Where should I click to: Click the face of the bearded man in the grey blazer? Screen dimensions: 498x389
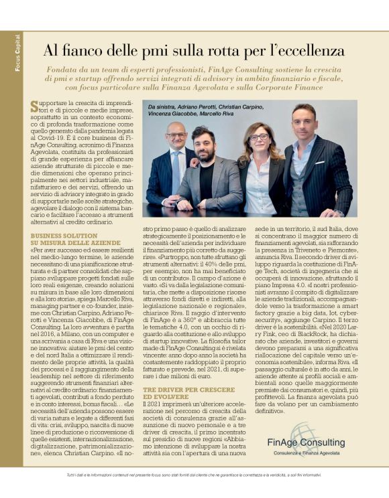[204, 142]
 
